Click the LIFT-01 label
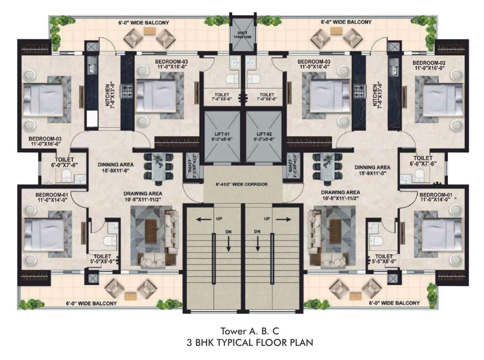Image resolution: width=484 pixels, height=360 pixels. (220, 136)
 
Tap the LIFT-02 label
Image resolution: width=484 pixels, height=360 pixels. (264, 136)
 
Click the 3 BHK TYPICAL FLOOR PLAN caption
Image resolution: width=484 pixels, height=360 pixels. (242, 342)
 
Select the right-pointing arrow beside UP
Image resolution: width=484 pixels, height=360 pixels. (281, 219)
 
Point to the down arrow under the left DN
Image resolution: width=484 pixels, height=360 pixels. (228, 245)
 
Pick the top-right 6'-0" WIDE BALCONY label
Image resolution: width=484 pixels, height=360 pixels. (346, 22)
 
